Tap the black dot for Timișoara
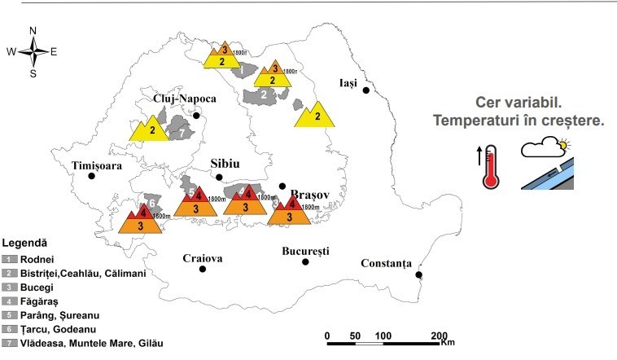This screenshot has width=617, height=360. [91, 176]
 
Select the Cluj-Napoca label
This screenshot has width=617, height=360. [185, 99]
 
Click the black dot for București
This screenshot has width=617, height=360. [305, 261]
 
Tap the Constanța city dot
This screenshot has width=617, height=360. [419, 274]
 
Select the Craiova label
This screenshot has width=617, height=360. [203, 258]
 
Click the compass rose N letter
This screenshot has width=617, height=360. [33, 31]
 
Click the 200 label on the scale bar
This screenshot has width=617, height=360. [440, 336]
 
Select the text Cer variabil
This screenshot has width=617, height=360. [519, 104]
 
